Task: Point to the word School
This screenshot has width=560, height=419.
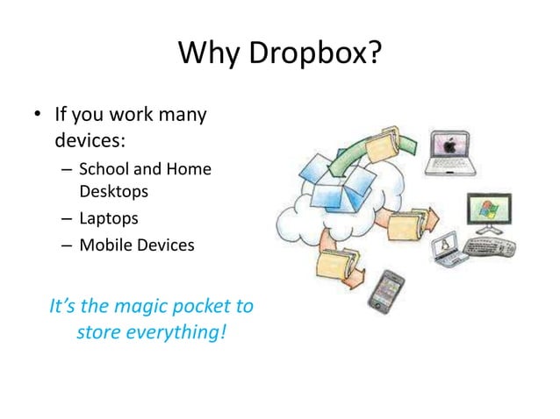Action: [x=103, y=168]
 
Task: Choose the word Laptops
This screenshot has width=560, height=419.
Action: [x=109, y=217]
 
